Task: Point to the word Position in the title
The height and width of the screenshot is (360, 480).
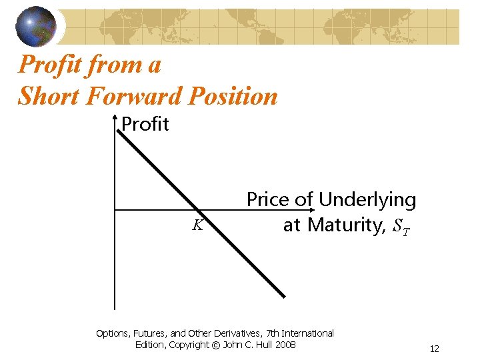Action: click(233, 96)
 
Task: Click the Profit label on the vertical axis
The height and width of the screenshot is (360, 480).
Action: click(145, 124)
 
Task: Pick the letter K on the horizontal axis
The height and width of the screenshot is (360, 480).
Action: click(197, 225)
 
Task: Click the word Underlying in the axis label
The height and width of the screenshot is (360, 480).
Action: click(367, 199)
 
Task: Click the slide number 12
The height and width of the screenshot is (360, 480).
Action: click(434, 349)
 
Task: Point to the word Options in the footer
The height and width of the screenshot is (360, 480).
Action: click(113, 333)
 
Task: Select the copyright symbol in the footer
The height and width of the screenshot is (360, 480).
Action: click(216, 345)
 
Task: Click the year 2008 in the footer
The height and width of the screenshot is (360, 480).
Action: click(285, 345)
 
